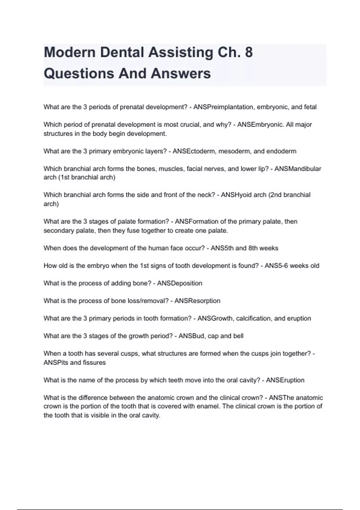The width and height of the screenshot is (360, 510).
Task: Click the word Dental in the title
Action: tap(123, 52)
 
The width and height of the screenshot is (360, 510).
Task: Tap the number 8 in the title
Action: tap(249, 52)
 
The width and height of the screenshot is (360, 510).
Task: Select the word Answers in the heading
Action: tap(181, 73)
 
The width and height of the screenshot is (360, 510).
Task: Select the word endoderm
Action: tap(281, 151)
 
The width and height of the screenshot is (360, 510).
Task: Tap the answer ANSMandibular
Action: tap(298, 169)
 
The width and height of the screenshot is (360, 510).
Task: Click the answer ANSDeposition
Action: tap(179, 283)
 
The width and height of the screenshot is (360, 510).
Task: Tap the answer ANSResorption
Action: tap(197, 301)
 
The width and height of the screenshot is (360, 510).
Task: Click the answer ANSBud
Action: tap(191, 336)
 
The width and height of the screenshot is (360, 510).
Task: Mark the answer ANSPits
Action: tap(56, 363)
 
